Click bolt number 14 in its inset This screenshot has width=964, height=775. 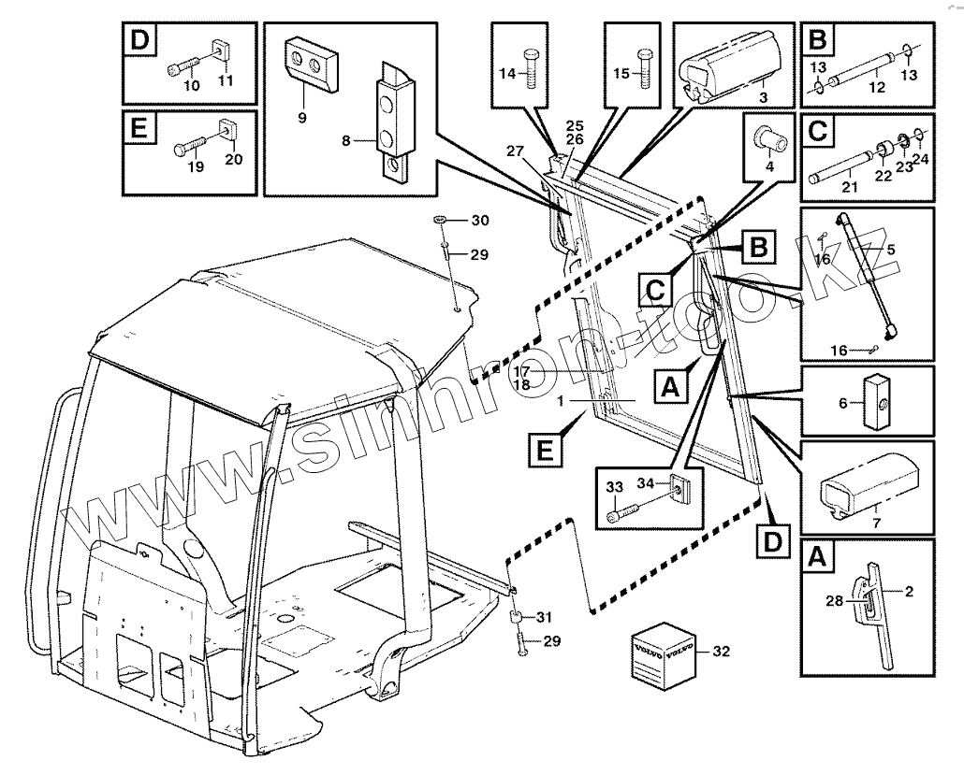click(x=530, y=68)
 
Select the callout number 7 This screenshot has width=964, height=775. click(x=875, y=521)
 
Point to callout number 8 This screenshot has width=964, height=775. click(x=346, y=142)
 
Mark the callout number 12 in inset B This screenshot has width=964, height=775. click(x=877, y=86)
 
